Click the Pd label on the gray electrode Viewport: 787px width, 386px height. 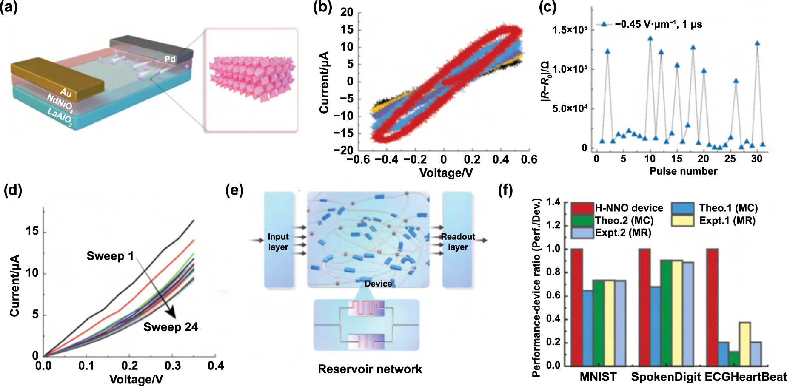coord(170,59)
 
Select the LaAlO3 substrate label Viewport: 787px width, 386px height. coord(60,117)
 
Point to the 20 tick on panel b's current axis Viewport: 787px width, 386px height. coord(347,12)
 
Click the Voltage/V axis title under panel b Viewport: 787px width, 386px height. coord(446,173)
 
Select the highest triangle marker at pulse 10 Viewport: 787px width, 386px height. coord(650,38)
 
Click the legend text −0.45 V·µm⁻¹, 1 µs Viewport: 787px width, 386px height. coord(658,24)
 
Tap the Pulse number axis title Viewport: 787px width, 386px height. coord(683,171)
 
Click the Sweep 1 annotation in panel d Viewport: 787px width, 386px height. coord(110,256)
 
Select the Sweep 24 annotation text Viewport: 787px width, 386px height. coord(170,327)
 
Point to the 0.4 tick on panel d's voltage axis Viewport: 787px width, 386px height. coord(216,366)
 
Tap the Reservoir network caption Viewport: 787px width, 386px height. coord(370,369)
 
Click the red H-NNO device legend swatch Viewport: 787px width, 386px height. coord(582,208)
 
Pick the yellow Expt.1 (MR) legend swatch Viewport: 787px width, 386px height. coord(683,221)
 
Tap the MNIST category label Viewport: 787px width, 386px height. coord(598,377)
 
